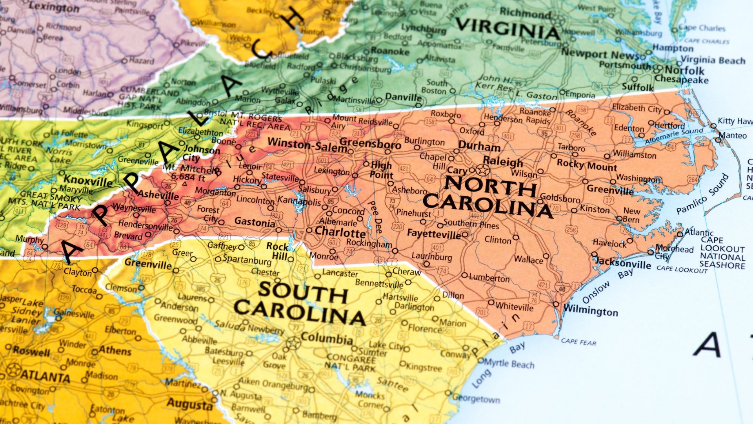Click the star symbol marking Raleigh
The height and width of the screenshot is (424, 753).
point(483,170)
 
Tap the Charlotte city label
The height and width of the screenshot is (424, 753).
point(340,232)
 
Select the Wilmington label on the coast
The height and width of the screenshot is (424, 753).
point(591,311)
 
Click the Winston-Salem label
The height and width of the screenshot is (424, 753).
point(307,144)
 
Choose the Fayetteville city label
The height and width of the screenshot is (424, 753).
point(434,234)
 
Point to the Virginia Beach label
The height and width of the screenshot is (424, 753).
point(713,60)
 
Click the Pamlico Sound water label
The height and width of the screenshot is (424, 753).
point(702,194)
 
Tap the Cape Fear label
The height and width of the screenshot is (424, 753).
point(578,342)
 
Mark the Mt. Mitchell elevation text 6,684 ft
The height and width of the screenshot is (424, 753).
point(188,177)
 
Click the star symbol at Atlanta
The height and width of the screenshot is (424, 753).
point(14,370)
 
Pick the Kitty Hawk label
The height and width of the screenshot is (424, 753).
point(735,121)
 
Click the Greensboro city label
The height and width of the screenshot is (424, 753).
point(370,143)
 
